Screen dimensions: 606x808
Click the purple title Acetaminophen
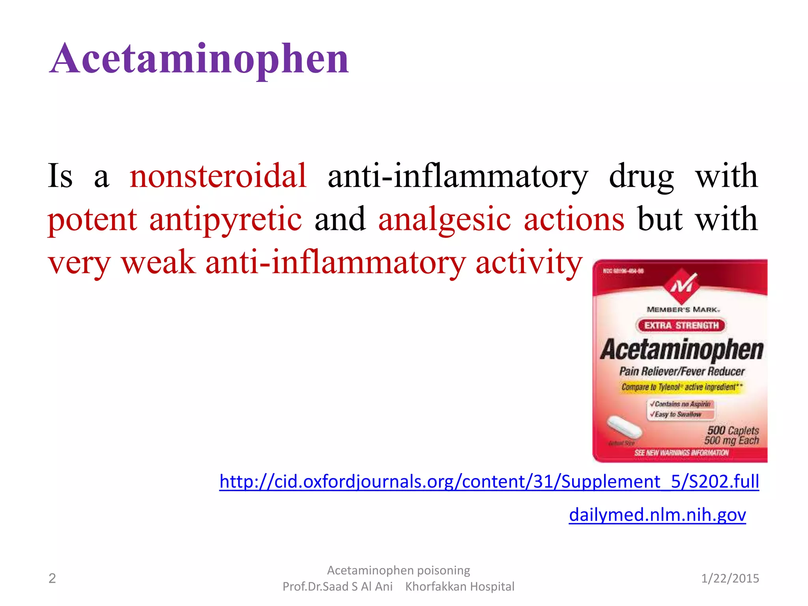[x=199, y=59]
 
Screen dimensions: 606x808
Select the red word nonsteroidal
[x=218, y=176]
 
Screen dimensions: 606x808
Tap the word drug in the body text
[x=642, y=176]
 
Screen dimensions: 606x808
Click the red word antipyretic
[x=225, y=219]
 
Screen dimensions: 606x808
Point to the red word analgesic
[x=444, y=219]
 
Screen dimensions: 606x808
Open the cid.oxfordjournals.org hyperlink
[x=489, y=481]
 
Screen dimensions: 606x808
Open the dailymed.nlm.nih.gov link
[x=657, y=515]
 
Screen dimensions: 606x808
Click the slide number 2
[x=52, y=578]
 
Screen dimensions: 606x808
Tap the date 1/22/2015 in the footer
[x=730, y=578]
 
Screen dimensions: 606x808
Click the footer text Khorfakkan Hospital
[x=460, y=587]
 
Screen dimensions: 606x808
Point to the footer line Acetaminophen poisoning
[x=398, y=570]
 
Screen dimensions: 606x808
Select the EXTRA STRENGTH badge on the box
[x=681, y=325]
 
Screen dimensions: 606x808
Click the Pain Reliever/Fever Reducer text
[x=682, y=371]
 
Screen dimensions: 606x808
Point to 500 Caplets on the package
[x=733, y=430]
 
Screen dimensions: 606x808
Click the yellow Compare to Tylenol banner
[x=682, y=387]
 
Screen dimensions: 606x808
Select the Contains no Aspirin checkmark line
[x=681, y=404]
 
